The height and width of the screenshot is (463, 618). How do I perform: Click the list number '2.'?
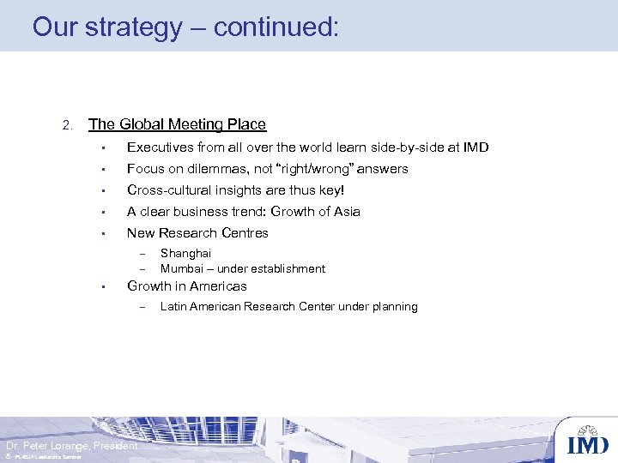(69, 126)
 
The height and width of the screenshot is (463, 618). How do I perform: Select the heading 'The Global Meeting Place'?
(177, 124)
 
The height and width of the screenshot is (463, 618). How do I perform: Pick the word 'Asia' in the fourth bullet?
(345, 212)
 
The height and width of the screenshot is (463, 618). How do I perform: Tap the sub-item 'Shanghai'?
(185, 254)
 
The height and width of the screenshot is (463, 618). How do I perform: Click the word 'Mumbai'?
(181, 269)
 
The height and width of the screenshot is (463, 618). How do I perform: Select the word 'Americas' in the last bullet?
(218, 286)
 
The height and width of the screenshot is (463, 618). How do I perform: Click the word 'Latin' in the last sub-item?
(173, 307)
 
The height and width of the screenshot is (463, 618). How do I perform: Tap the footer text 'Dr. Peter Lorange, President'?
(71, 446)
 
